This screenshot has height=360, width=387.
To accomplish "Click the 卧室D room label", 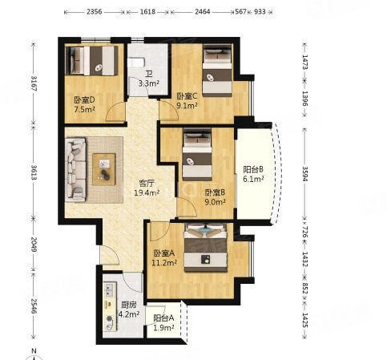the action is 84,100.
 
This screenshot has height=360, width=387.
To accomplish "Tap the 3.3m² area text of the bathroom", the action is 149,83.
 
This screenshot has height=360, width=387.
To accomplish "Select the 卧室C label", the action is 187,95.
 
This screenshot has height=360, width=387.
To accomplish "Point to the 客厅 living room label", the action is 147,184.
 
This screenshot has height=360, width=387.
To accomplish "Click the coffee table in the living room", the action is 104,169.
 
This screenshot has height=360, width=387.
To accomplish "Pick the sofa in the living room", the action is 76,169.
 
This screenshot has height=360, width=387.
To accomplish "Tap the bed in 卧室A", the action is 205,248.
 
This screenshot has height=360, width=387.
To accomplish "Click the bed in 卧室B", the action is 197,155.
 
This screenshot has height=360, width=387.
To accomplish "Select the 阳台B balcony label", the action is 253,169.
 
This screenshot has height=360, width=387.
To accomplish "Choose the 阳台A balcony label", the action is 163,318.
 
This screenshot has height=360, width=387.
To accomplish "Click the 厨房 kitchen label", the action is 129,305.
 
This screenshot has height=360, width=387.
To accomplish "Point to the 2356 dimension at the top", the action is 95,12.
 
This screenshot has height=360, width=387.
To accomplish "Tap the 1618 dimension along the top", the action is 147,12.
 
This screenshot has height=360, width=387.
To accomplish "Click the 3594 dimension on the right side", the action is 305,174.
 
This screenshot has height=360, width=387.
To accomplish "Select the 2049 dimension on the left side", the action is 34,245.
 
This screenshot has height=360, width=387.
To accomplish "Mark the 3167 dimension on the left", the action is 34,83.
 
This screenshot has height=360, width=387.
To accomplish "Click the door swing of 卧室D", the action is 115,111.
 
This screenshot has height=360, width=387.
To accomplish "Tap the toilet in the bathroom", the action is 136,63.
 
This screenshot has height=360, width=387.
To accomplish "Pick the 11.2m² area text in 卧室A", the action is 164,263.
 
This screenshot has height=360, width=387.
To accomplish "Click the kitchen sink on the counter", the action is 109,289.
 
